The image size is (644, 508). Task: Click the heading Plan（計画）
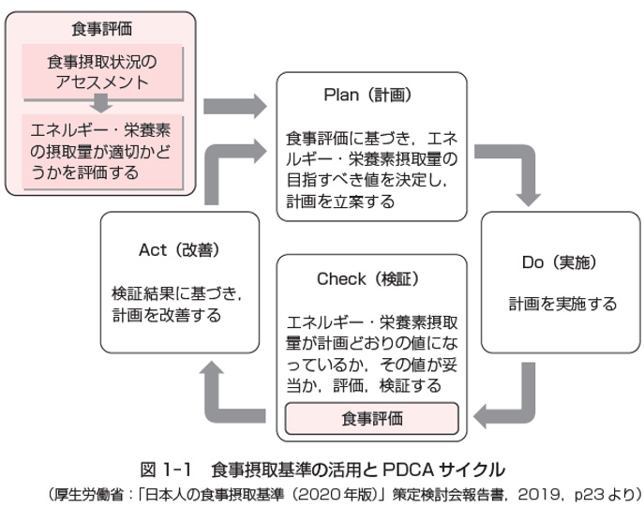tap(367, 95)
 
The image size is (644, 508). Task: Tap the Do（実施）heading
tap(560, 262)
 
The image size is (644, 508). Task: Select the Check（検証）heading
tap(368, 279)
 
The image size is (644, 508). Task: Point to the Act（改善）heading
tap(179, 249)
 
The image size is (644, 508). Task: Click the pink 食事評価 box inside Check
tap(372, 418)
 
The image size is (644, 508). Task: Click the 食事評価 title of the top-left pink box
tap(101, 29)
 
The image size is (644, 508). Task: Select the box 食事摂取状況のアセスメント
tap(102, 72)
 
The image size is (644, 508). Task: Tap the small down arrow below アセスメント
tap(101, 103)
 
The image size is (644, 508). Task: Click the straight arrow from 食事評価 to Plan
tap(235, 106)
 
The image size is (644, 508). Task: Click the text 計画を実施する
tap(562, 304)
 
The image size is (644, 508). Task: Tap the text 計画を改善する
tap(166, 315)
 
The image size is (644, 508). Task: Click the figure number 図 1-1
tap(166, 470)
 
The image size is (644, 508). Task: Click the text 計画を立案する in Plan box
tap(340, 202)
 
